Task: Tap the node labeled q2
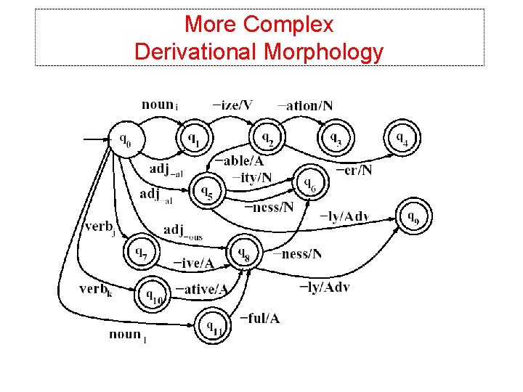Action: (x=267, y=136)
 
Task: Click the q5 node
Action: (x=207, y=192)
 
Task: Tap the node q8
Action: (x=245, y=254)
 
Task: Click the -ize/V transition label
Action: (x=232, y=105)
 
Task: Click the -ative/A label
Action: (x=201, y=289)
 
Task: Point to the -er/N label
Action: (x=354, y=171)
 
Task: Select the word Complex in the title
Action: (x=289, y=24)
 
